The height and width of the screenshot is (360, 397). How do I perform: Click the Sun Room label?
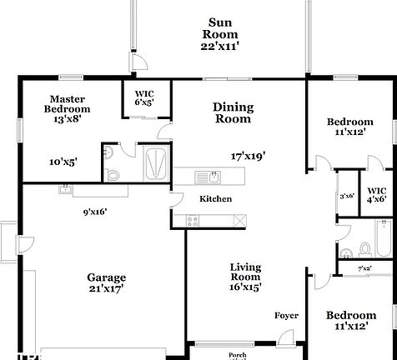click(x=220, y=34)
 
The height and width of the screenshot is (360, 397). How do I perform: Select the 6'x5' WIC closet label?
click(x=144, y=97)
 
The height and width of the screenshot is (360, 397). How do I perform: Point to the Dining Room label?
click(x=233, y=112)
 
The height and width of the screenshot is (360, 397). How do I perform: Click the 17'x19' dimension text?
click(x=248, y=156)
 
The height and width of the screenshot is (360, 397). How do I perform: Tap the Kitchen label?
click(x=214, y=199)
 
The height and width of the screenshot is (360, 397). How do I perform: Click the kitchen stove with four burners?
click(x=193, y=220)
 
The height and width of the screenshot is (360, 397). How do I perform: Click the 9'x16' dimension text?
click(x=95, y=212)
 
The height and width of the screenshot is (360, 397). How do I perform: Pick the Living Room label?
click(x=245, y=276)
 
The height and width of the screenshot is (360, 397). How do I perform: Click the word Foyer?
click(x=287, y=316)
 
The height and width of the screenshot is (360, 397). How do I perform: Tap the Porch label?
click(x=239, y=354)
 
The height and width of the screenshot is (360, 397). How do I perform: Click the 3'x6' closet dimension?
click(x=347, y=196)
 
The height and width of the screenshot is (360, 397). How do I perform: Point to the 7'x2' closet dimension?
click(x=365, y=268)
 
